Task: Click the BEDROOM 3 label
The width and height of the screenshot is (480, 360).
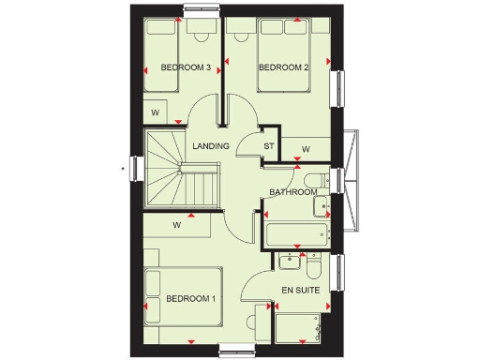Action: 185,67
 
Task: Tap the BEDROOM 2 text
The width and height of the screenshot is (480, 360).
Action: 283,67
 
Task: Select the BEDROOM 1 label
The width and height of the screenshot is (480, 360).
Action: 190,299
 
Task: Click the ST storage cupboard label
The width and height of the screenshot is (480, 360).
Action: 268,146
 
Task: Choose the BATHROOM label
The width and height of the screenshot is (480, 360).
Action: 292,193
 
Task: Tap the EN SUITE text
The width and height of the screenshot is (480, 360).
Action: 302,291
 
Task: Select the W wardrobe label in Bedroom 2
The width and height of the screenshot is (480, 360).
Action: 306,149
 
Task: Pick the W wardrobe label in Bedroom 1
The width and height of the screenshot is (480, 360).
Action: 176,225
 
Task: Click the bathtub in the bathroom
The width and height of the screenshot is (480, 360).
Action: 295,233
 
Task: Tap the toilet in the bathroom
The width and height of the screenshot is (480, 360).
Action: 316,180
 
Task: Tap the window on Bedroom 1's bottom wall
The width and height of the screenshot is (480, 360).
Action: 237,350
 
